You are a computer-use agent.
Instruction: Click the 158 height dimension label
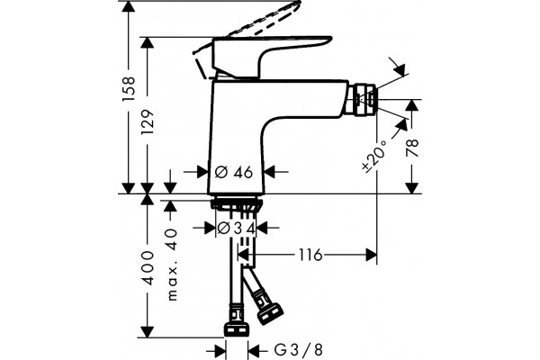coord(129,89)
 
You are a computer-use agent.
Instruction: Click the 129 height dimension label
coord(148,122)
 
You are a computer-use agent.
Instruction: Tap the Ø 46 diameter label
coord(234,172)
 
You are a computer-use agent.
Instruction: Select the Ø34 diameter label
coord(236,228)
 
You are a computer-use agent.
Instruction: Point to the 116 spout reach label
coord(310,256)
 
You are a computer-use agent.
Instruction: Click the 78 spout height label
coord(412,148)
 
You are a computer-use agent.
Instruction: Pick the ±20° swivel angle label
coord(374,156)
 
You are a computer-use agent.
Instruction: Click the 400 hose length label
coord(148,268)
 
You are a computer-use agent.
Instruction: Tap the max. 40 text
coord(171,265)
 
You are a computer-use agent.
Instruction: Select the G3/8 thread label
coord(299,350)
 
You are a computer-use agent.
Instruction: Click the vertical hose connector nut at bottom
coord(236,329)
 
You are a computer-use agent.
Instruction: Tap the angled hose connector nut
coord(270,313)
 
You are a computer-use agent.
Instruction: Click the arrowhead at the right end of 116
coord(371,256)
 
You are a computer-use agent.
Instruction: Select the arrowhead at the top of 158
coord(129,7)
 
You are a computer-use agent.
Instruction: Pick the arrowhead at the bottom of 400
coord(148,331)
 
